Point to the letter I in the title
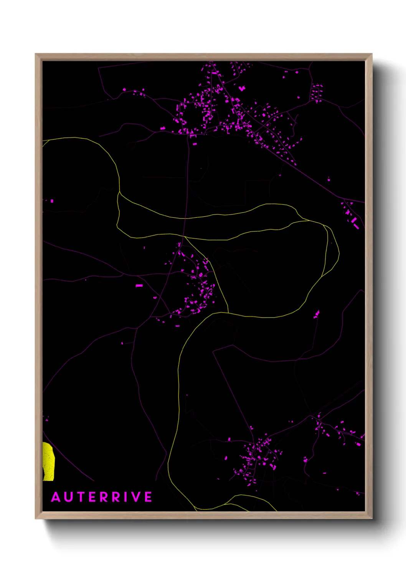pyautogui.click(x=124, y=497)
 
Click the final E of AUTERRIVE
pyautogui.click(x=148, y=497)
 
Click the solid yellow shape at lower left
pyautogui.click(x=48, y=461)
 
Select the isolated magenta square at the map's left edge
pyautogui.click(x=52, y=201)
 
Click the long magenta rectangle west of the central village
pyautogui.click(x=139, y=286)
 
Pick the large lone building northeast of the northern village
pyautogui.click(x=242, y=88)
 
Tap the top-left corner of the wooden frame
pyautogui.click(x=36, y=54)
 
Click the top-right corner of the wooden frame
pyautogui.click(x=371, y=54)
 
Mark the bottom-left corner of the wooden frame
pyautogui.click(x=36, y=518)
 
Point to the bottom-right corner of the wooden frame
pyautogui.click(x=371, y=518)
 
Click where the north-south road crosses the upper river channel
pyautogui.click(x=186, y=218)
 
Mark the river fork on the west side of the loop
pyautogui.click(x=119, y=192)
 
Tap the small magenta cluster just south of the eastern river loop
pyautogui.click(x=317, y=314)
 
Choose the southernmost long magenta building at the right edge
pyautogui.click(x=356, y=226)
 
